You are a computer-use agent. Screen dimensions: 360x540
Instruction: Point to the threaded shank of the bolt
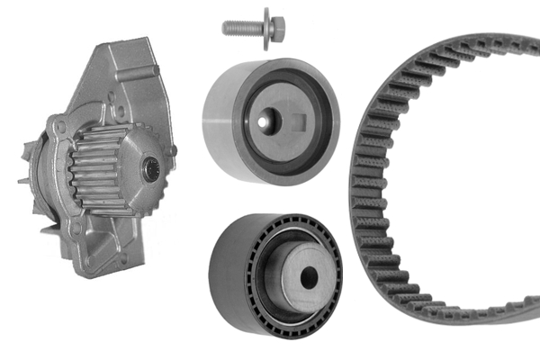click(x=241, y=28)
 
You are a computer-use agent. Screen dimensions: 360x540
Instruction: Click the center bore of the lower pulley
click(x=309, y=279)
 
